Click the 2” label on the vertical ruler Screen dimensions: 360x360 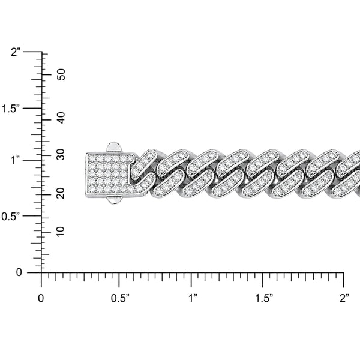point(17,52)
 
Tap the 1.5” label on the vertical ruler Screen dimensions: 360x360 point(12,109)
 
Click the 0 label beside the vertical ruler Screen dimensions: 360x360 point(19,272)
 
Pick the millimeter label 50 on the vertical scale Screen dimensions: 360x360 point(61,74)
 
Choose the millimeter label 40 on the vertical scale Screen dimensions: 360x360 point(61,118)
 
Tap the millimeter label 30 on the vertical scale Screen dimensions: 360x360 point(61,154)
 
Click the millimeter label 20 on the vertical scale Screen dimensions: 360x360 point(61,193)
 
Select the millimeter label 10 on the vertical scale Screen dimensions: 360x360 point(61,232)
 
